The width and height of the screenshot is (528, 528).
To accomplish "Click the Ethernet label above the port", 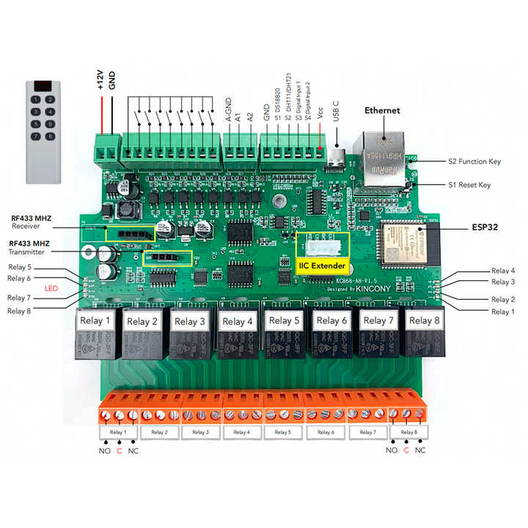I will pyautogui.click(x=382, y=111).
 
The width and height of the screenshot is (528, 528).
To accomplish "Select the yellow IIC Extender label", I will pyautogui.click(x=322, y=265).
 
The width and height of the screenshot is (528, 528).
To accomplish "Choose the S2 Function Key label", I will pyautogui.click(x=474, y=161).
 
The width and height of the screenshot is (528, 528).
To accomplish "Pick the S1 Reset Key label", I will pyautogui.click(x=469, y=185).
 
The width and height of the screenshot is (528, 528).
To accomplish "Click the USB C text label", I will pyautogui.click(x=336, y=111).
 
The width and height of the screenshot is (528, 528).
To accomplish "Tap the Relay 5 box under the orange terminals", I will pyautogui.click(x=284, y=433).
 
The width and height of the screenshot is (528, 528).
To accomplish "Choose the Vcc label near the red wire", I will pyautogui.click(x=320, y=113).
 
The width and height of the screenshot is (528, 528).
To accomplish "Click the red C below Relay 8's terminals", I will pyautogui.click(x=406, y=450).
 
